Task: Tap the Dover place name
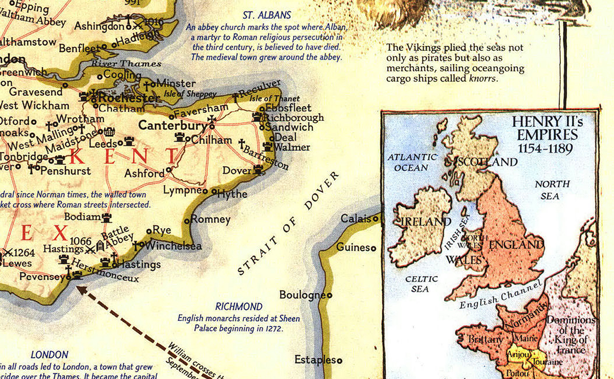coord(237,170)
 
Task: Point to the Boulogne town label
coord(302,295)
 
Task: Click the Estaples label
coord(315,360)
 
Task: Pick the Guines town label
coord(352,247)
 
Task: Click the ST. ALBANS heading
coord(267,15)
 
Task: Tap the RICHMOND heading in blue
coord(239,307)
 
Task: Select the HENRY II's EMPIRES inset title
coord(547,135)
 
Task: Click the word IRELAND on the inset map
coord(425,221)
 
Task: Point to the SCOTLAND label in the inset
coord(487,162)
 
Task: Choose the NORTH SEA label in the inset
coord(552,189)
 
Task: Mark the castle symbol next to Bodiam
coord(106,217)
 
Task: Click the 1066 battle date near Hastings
coord(80,240)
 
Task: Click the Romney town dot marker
coord(187,221)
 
